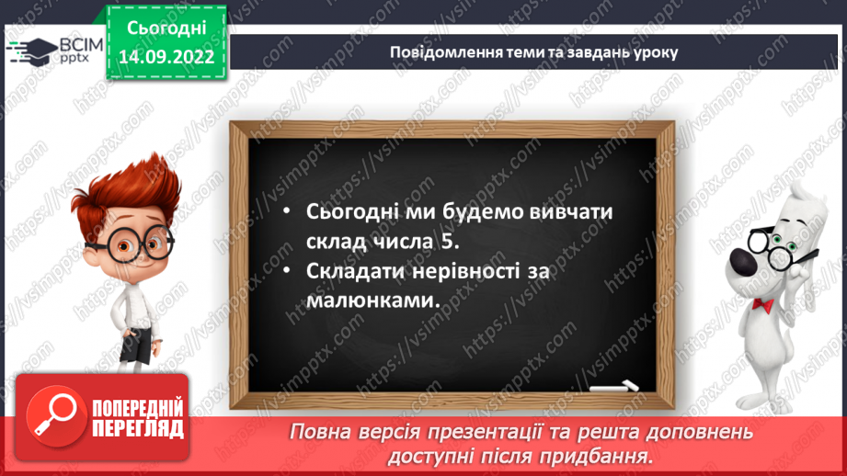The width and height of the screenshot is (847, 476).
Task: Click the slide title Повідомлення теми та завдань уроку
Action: click(532, 51)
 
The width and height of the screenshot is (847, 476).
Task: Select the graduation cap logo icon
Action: click(29, 51)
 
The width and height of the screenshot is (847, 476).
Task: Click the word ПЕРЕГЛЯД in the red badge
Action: click(137, 428)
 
